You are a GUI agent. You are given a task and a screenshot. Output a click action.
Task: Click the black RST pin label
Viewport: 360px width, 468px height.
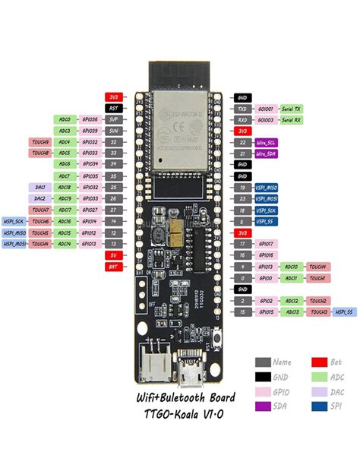(114, 109)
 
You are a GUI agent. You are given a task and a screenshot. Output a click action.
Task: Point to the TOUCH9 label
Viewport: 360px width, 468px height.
(40, 142)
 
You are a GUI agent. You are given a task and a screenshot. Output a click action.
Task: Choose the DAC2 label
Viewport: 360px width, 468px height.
(40, 198)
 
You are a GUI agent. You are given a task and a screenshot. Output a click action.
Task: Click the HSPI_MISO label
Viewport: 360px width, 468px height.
(14, 232)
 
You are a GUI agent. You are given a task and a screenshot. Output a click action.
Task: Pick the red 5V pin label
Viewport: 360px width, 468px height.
(114, 255)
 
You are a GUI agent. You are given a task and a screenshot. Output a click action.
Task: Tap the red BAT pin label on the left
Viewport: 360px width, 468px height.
(114, 267)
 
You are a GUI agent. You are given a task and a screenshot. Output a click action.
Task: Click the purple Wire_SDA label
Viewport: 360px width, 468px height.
(267, 153)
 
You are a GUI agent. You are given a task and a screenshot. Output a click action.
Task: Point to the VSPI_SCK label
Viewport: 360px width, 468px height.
(267, 210)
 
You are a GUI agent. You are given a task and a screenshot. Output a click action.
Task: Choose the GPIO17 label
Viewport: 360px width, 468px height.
(267, 244)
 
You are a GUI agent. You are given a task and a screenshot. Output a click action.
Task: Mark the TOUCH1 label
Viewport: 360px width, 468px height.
(317, 278)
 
